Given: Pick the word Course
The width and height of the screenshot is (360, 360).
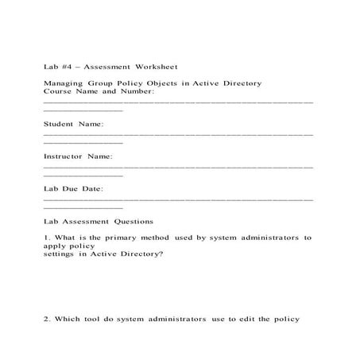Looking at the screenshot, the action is (56, 91).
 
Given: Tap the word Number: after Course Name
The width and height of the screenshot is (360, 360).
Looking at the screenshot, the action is (138, 91).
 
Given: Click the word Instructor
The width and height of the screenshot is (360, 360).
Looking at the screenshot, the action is (64, 157).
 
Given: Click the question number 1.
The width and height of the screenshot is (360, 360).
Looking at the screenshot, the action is (47, 238).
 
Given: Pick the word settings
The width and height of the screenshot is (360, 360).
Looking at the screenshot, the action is (59, 254).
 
